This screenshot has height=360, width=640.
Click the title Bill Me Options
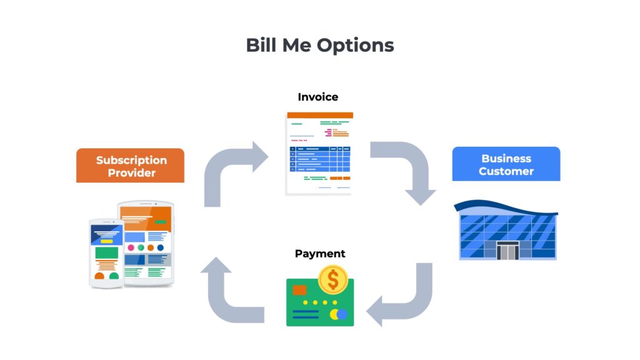tap(319, 46)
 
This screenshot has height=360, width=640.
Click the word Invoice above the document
tap(318, 97)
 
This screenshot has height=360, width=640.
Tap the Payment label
tap(320, 254)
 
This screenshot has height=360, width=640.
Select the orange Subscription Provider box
tap(130, 166)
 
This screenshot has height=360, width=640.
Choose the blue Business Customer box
tap(506, 164)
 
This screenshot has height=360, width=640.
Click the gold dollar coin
tap(333, 280)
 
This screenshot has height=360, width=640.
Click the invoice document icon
tap(319, 153)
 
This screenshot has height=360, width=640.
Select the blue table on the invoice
tap(319, 159)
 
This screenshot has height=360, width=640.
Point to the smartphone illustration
tap(106, 252)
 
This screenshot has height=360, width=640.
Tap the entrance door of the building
tap(507, 251)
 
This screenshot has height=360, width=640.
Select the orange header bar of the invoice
tap(319, 115)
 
